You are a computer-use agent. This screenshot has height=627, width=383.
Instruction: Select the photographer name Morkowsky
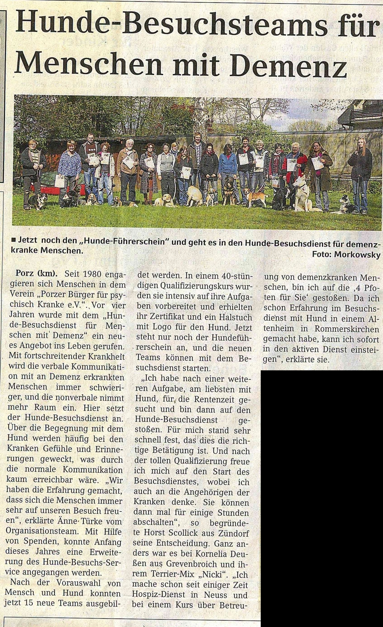pyautogui.click(x=357, y=255)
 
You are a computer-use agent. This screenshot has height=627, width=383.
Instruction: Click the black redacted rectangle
pyautogui.click(x=321, y=494)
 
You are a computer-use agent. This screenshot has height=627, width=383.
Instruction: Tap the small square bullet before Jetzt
pyautogui.click(x=14, y=242)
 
